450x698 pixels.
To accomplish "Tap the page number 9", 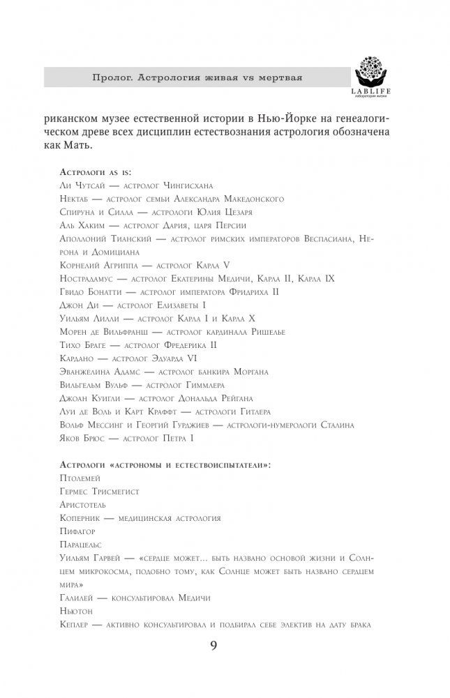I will [214, 645].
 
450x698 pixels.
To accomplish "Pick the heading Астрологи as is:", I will [92, 172].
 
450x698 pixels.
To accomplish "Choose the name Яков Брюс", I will [75, 437].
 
